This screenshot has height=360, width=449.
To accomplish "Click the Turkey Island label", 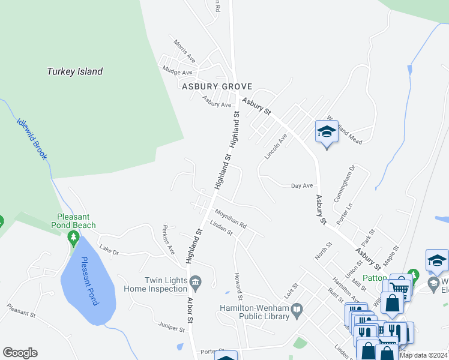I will [75, 71].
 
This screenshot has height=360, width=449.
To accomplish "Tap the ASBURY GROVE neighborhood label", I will [217, 87].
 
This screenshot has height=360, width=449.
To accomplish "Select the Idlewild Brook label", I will [31, 137].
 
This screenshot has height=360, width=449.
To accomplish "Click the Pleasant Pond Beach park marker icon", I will [74, 238].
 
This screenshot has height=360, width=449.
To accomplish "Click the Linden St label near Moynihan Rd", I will [221, 229].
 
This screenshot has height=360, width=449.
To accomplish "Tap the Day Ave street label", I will [303, 186].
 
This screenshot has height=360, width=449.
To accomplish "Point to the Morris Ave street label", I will [185, 52].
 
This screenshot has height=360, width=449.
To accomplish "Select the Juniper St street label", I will [172, 328].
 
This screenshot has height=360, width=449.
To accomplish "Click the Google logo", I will [20, 353].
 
